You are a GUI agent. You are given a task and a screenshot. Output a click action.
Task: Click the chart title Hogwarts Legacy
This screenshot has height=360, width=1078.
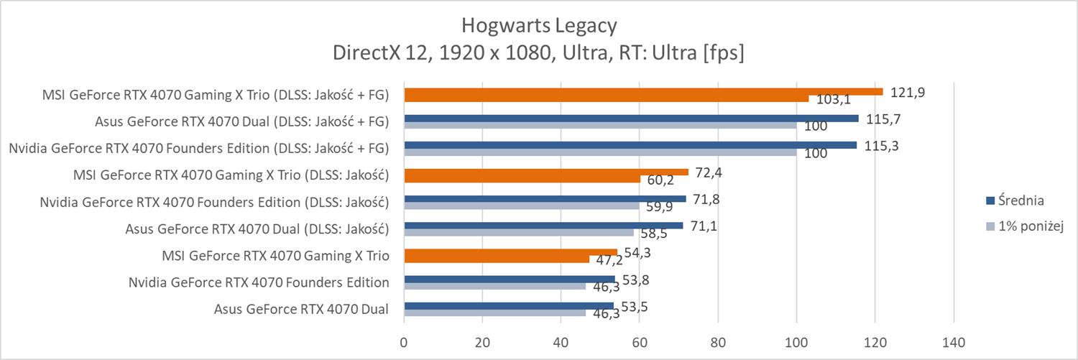pos(538,26)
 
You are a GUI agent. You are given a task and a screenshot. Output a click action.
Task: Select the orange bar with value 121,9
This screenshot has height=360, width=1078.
pos(643,91)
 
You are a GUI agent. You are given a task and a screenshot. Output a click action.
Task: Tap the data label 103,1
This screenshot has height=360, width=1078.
pos(833,100)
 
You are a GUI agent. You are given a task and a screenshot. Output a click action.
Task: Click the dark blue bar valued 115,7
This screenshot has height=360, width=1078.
pos(631,118)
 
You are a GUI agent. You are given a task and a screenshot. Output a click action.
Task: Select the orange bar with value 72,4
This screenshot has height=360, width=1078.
pos(546,172)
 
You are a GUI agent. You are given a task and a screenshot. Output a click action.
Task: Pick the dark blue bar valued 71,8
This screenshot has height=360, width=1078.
pos(545,199)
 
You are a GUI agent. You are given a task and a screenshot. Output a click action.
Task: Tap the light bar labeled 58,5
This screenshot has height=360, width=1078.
pos(519,232)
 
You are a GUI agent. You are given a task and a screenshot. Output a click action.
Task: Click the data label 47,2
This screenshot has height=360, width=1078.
pos(610,260)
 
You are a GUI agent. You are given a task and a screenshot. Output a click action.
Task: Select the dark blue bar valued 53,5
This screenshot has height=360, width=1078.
pos(509,306)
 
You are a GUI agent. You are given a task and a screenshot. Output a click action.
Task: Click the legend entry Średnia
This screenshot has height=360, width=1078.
pos(1015,200)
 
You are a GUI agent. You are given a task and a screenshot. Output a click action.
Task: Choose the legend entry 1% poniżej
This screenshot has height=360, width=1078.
pos(1024,226)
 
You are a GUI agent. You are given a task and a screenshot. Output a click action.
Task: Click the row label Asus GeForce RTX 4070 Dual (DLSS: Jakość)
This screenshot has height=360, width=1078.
pos(257,230)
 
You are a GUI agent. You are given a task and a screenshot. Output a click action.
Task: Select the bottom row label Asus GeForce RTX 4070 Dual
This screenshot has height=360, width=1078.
pos(301,310)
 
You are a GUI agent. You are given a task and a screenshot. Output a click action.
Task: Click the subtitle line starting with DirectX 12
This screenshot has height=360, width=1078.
pos(538,53)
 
